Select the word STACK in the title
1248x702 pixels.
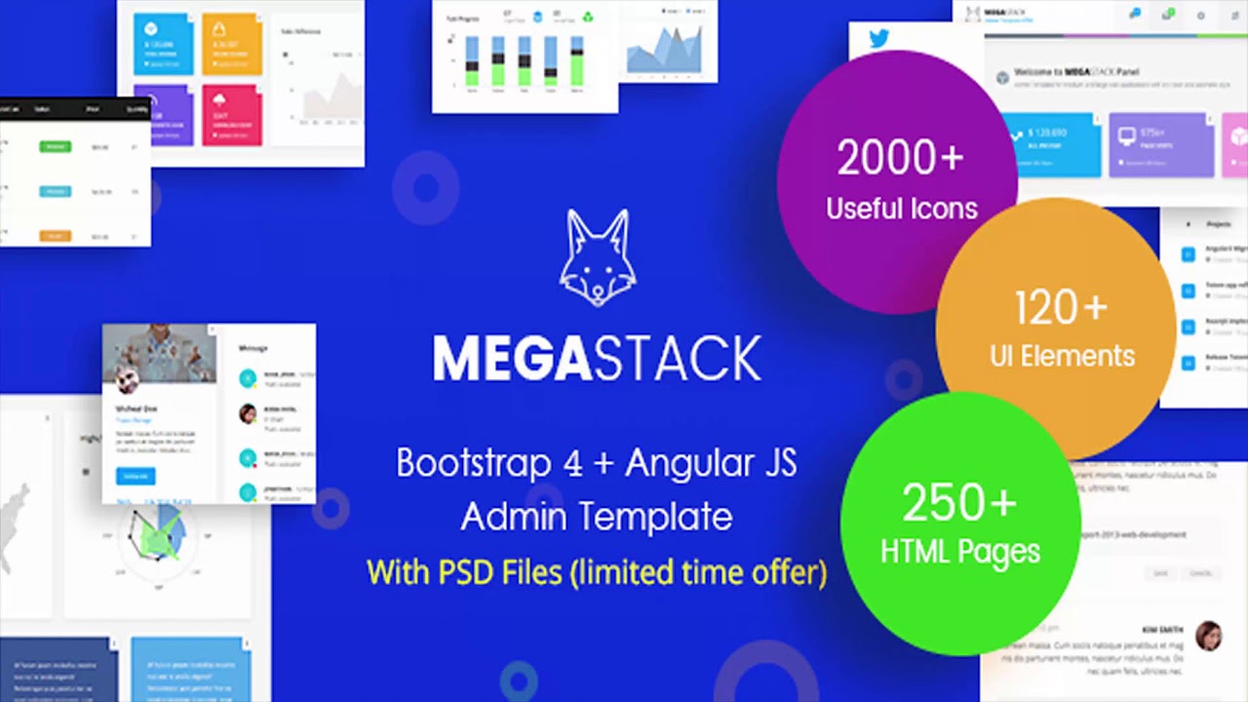coord(677,359)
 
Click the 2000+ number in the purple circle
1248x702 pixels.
coord(900,159)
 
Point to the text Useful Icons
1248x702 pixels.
coord(901,208)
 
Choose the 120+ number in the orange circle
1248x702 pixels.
coord(1061,309)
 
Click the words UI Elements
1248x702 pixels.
coord(1062,355)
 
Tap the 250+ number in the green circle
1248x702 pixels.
coord(959,504)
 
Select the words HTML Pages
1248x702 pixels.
coord(959,552)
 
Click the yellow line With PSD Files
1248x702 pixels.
coord(597,571)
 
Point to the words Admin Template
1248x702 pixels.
coord(597,517)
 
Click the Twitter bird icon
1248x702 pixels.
coord(878,39)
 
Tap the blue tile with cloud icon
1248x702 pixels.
coord(162,44)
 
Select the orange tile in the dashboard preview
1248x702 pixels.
coord(232,44)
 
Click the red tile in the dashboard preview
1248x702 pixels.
coord(232,114)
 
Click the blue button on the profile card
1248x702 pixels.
coord(135,476)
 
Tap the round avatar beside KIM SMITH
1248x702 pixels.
coord(1208,635)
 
